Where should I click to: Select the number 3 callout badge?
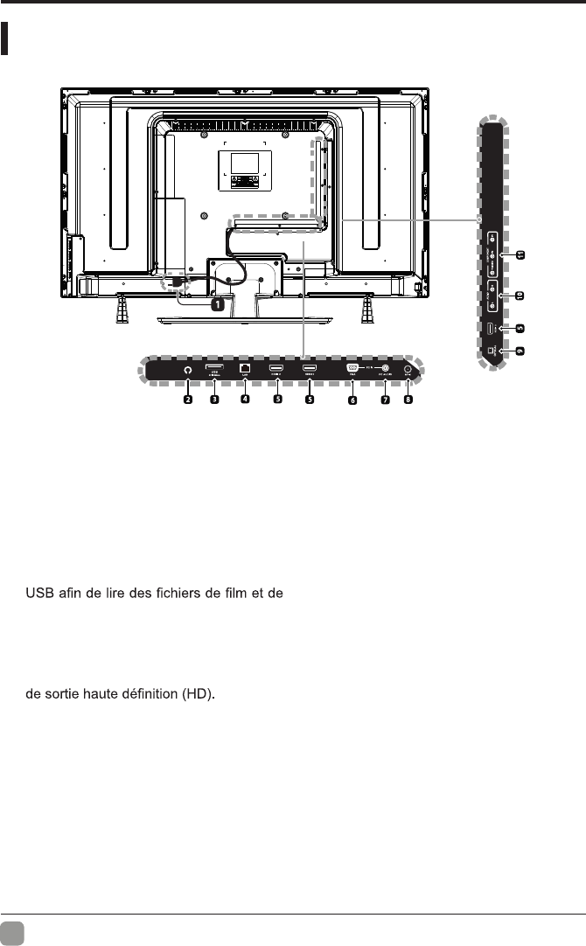pos(213,400)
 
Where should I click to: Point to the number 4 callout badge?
pos(246,400)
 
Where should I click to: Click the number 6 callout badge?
pos(352,400)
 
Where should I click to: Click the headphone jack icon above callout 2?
pos(187,370)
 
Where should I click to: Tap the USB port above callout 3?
pos(213,368)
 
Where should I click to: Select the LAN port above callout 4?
pos(246,369)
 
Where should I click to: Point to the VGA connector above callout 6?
pos(352,368)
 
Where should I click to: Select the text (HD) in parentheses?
pos(197,696)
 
